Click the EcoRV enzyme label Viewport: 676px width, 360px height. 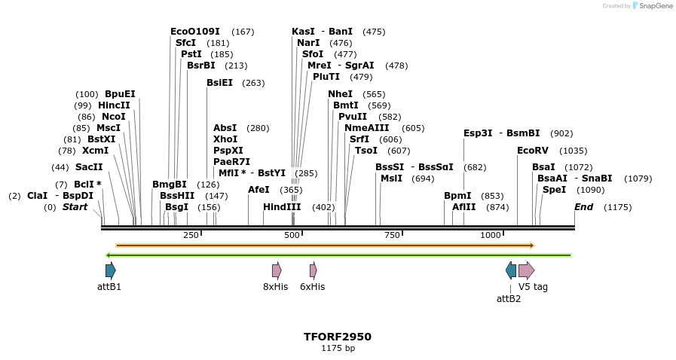531,151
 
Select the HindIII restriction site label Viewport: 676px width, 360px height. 282,207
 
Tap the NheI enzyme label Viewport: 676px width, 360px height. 340,94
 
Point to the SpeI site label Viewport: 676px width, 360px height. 554,190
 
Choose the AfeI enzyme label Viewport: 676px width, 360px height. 258,190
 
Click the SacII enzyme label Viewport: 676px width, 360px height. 89,167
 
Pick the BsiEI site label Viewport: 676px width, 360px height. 219,83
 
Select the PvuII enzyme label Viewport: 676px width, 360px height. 353,117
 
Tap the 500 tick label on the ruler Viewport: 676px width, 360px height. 292,235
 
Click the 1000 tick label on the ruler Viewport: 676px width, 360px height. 491,235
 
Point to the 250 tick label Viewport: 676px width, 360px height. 191,235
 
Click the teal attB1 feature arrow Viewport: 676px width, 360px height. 111,270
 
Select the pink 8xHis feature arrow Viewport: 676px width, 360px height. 277,270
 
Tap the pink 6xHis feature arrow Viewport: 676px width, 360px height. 313,270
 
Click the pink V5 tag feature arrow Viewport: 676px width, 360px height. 526,270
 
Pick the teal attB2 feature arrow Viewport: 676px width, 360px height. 511,270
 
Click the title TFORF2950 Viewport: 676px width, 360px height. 338,337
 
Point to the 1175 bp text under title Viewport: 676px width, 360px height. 338,349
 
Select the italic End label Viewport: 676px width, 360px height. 583,207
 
